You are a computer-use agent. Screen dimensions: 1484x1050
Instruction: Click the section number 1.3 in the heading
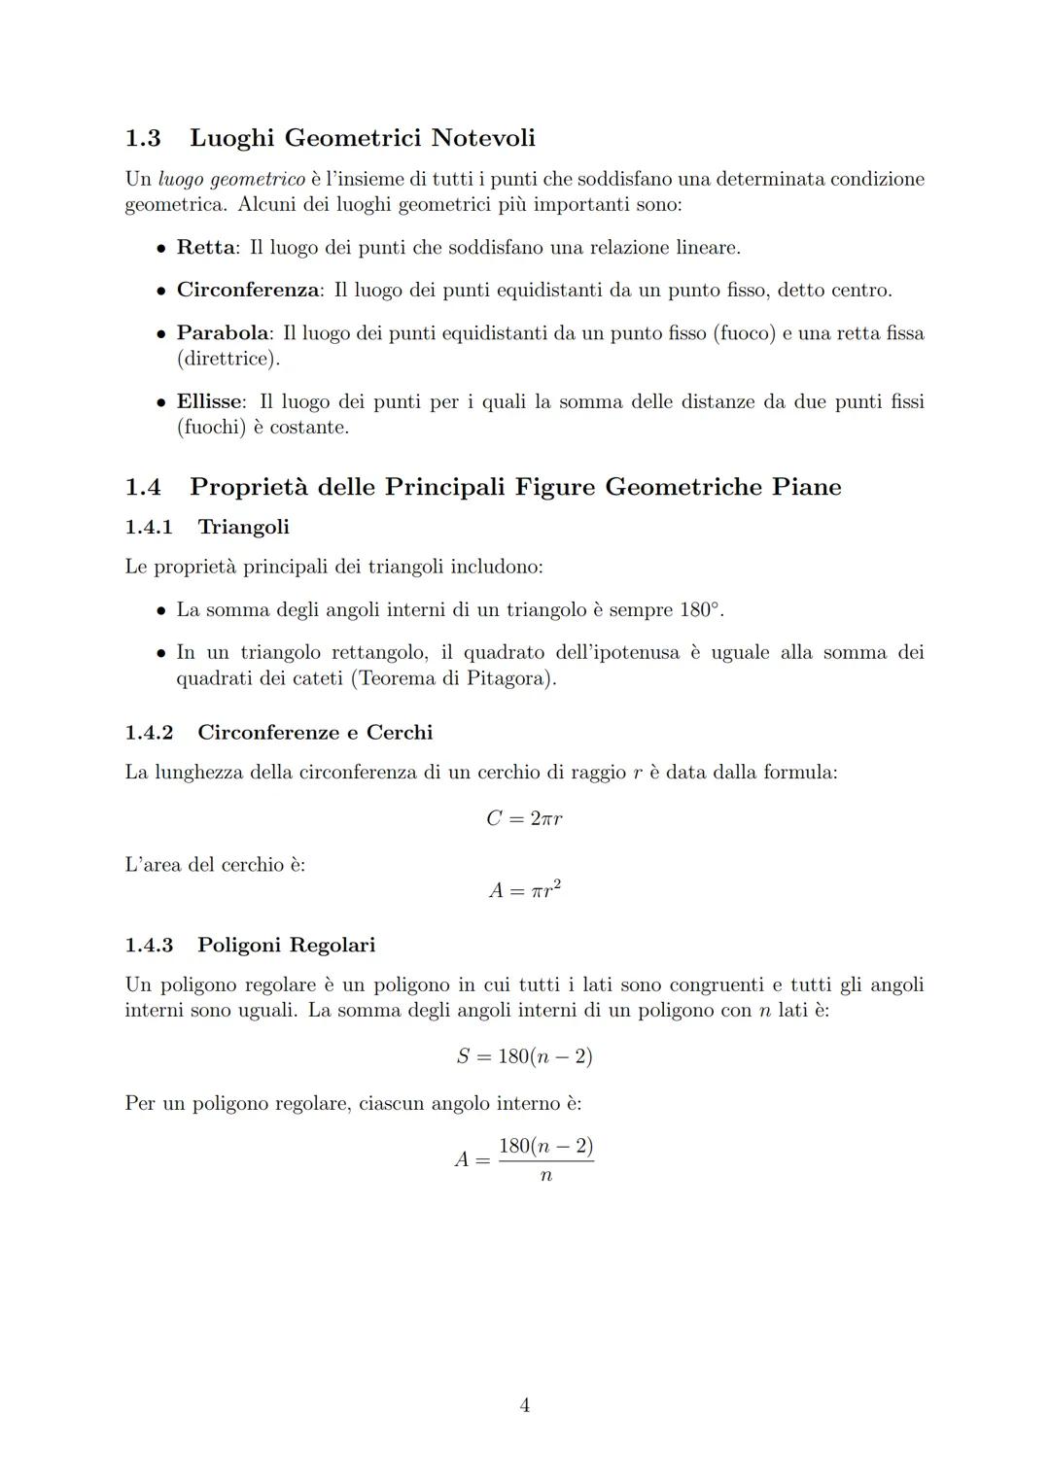[x=143, y=138]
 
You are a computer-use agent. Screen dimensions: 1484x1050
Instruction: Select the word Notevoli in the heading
[x=483, y=138]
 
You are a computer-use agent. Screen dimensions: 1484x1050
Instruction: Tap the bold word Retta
[x=205, y=248]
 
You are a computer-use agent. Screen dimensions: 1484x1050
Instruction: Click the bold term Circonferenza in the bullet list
[x=248, y=291]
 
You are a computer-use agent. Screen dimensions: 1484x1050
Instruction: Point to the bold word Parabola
[x=223, y=333]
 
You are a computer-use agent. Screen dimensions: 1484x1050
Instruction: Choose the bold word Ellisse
[x=210, y=402]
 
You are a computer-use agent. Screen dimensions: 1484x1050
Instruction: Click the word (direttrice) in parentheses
[x=227, y=360]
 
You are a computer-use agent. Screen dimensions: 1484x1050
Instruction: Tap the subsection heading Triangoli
[x=243, y=527]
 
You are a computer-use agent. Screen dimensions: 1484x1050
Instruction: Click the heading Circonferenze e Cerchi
[x=315, y=733]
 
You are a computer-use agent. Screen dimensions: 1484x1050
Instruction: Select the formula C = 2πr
[x=524, y=818]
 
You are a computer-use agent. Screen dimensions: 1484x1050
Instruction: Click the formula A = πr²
[x=524, y=889]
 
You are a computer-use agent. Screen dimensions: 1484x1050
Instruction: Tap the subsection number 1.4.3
[x=149, y=946]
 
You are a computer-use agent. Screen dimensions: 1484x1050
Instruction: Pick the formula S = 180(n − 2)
[x=524, y=1056]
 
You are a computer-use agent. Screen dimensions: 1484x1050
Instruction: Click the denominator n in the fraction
[x=545, y=1176]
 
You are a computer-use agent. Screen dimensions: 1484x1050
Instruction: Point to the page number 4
[x=525, y=1405]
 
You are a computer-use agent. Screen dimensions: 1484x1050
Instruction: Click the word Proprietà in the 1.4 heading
[x=249, y=487]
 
